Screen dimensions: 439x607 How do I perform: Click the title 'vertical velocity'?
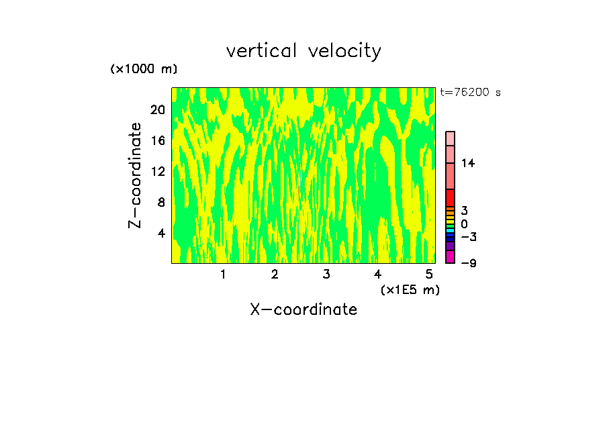click(x=303, y=51)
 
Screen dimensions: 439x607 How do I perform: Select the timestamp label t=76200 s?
click(x=471, y=93)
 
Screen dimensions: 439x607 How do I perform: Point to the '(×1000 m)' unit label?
click(x=144, y=69)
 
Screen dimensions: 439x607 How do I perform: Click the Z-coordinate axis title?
click(x=136, y=175)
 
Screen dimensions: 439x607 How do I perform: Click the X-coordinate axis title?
click(x=303, y=309)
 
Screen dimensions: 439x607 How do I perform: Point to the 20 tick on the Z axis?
click(x=158, y=109)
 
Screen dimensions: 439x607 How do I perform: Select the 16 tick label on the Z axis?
click(x=158, y=140)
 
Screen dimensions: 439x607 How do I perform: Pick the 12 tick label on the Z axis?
click(x=158, y=171)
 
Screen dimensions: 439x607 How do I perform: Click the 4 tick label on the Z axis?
click(x=161, y=233)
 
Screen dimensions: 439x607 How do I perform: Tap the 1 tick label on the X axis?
click(x=223, y=274)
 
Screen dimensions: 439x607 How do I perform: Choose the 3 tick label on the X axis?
click(x=326, y=274)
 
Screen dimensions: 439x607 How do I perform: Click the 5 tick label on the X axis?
click(x=429, y=274)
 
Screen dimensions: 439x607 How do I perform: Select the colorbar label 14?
click(x=468, y=163)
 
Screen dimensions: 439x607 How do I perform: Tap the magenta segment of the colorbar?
click(x=450, y=256)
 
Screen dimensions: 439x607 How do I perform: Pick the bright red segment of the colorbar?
click(x=450, y=198)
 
